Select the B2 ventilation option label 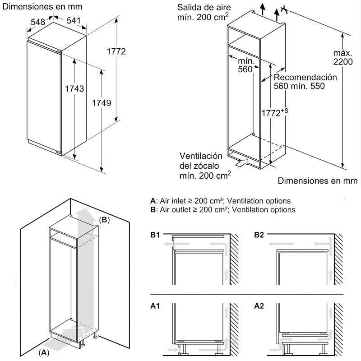pos(259,235)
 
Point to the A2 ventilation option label pos(259,306)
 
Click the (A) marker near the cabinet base pos(44,351)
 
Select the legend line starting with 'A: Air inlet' pos(220,201)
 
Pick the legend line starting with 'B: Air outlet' pos(222,210)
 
